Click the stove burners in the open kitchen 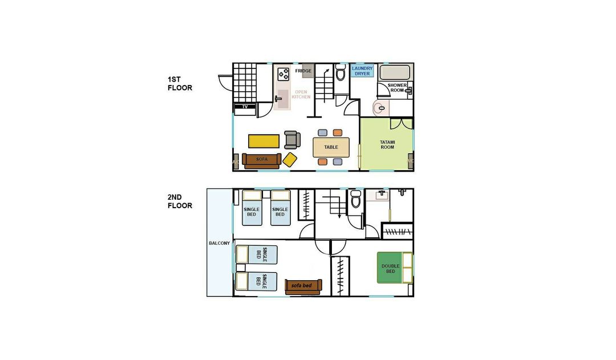283,74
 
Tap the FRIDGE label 303,71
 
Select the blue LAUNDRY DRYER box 362,71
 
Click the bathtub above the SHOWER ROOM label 395,72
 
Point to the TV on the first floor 245,107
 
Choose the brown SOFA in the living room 262,160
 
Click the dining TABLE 331,147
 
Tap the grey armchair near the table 292,140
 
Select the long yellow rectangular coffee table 264,141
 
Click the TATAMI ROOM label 387,145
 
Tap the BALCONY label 219,243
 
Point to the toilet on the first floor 340,72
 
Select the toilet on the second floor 355,199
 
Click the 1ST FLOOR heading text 180,84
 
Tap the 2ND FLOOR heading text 180,201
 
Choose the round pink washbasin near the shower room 380,108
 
